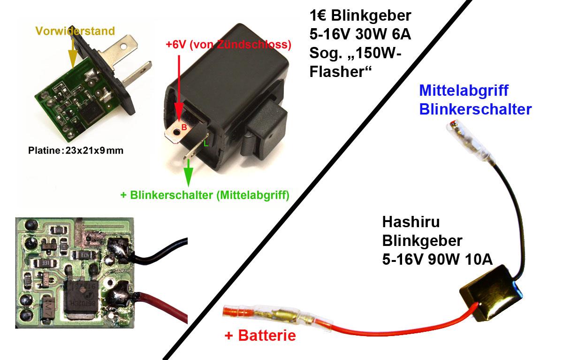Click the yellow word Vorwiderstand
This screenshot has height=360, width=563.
coord(75,31)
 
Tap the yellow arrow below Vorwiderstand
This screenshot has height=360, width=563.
coord(73,54)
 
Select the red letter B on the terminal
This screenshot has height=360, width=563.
coord(184,128)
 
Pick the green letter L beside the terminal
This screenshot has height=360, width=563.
coord(206,144)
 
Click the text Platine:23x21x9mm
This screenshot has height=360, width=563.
coord(76,151)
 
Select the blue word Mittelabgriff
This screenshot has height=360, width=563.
coord(464,91)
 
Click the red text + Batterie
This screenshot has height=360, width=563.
coord(260,336)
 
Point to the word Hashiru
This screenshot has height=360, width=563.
coord(411,222)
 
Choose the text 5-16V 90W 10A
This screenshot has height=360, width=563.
coord(437,259)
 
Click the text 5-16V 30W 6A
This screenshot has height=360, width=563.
coord(360,34)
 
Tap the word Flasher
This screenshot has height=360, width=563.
coord(341,72)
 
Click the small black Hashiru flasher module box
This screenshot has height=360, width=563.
coord(491,293)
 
